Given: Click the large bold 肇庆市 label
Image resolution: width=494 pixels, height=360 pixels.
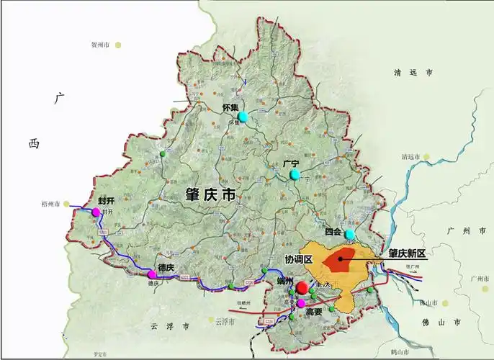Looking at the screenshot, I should tap(211, 195).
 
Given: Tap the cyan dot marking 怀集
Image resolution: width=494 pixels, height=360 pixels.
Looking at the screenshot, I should tap(243, 117).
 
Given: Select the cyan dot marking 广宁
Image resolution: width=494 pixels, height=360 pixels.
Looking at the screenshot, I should tap(295, 174).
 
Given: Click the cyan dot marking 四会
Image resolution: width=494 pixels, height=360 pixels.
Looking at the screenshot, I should tap(350, 235).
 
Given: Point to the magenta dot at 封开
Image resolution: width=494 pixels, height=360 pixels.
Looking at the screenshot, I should tap(96, 212).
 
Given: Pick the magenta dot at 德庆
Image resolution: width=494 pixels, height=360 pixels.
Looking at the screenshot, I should tap(152, 274).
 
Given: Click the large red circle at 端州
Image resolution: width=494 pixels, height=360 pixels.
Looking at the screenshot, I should tap(302, 288).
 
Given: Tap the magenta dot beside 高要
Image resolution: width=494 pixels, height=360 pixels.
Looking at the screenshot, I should tap(301, 303).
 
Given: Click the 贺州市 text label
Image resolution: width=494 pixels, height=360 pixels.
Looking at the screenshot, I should tap(100, 45).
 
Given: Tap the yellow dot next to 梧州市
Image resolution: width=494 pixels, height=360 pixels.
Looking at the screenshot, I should tap(68, 204).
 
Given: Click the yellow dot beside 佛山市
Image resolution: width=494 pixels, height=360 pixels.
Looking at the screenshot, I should tap(445, 303).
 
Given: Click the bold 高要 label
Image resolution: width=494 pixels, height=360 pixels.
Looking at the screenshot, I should tap(313, 312).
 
